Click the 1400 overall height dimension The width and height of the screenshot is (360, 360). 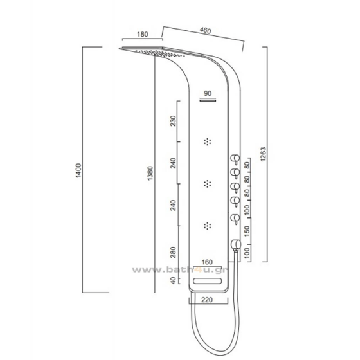pyautogui.click(x=78, y=170)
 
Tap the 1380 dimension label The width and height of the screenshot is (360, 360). pyautogui.click(x=150, y=173)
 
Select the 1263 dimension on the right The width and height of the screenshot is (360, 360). pyautogui.click(x=264, y=154)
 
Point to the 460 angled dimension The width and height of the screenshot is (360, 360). pyautogui.click(x=205, y=30)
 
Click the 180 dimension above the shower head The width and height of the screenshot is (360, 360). pyautogui.click(x=142, y=34)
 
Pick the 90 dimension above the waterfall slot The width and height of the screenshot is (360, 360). pyautogui.click(x=208, y=93)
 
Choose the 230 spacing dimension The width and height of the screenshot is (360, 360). pyautogui.click(x=174, y=121)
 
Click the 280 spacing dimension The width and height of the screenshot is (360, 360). pyautogui.click(x=174, y=252)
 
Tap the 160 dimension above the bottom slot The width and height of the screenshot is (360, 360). pyautogui.click(x=207, y=262)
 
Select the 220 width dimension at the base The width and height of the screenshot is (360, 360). pyautogui.click(x=207, y=300)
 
